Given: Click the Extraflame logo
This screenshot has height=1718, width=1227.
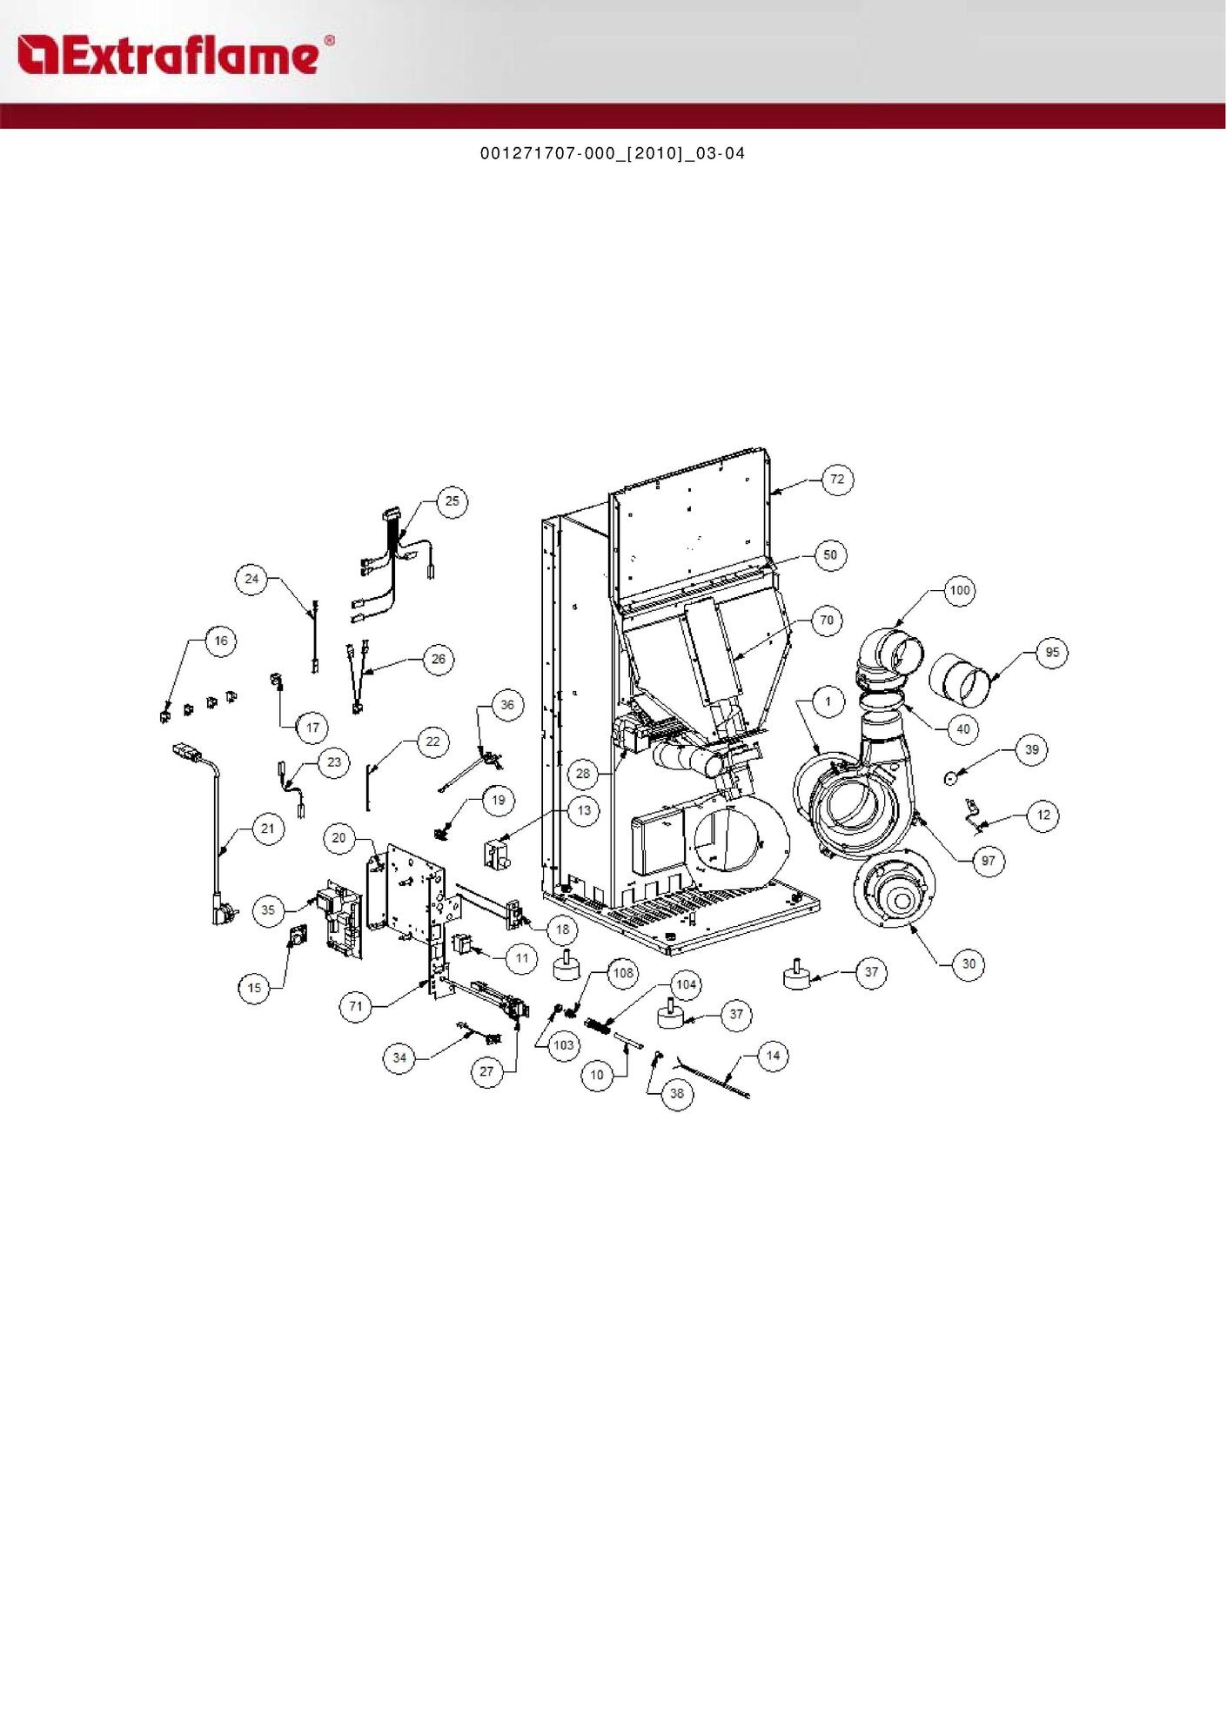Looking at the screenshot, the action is [x=175, y=55].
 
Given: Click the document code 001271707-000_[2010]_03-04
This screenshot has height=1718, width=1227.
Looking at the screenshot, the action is [x=613, y=154].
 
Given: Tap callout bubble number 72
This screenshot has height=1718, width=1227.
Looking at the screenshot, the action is [x=837, y=480].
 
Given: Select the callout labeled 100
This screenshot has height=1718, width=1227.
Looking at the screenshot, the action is [x=959, y=590].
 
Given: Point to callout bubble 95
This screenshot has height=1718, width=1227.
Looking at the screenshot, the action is [x=1053, y=653].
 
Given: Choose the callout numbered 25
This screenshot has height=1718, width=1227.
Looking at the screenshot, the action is [x=452, y=501].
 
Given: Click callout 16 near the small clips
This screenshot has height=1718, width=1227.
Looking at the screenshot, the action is [x=221, y=641].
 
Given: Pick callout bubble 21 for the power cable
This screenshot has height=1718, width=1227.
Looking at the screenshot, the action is [x=268, y=829].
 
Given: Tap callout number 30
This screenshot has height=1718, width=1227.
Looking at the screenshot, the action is [x=969, y=964].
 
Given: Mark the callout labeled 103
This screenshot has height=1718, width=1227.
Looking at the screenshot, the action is [x=564, y=1045].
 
